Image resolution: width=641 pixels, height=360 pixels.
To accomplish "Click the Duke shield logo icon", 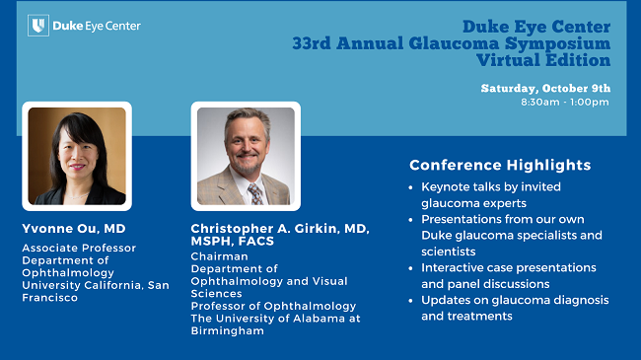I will pos(37,26).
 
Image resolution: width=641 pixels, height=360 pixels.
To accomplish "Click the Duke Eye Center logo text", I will pos(96,26).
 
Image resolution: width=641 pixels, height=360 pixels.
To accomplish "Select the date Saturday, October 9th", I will pos(544,88).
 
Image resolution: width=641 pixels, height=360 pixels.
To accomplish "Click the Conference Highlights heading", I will pos(500,165).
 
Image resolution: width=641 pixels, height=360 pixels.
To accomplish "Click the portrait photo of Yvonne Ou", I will pos(77,156).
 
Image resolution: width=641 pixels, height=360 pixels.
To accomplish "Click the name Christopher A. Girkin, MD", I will pos(279,228).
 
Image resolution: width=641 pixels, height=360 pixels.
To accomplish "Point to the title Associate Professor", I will pos(79,249).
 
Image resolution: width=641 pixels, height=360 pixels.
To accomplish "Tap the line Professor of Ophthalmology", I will pos(273,306).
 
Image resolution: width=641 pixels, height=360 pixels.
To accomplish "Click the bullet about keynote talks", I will pos(490,193).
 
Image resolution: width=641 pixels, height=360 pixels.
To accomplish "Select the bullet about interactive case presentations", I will pos(508,275).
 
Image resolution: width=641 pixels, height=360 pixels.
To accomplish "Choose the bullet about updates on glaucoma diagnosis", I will pos(514,308).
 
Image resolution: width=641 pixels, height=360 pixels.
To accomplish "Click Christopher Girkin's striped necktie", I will pos(254,192).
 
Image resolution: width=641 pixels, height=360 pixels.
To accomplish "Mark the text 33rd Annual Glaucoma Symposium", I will pos(451,43).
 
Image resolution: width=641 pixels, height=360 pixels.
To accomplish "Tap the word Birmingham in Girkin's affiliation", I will pos(227,330).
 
